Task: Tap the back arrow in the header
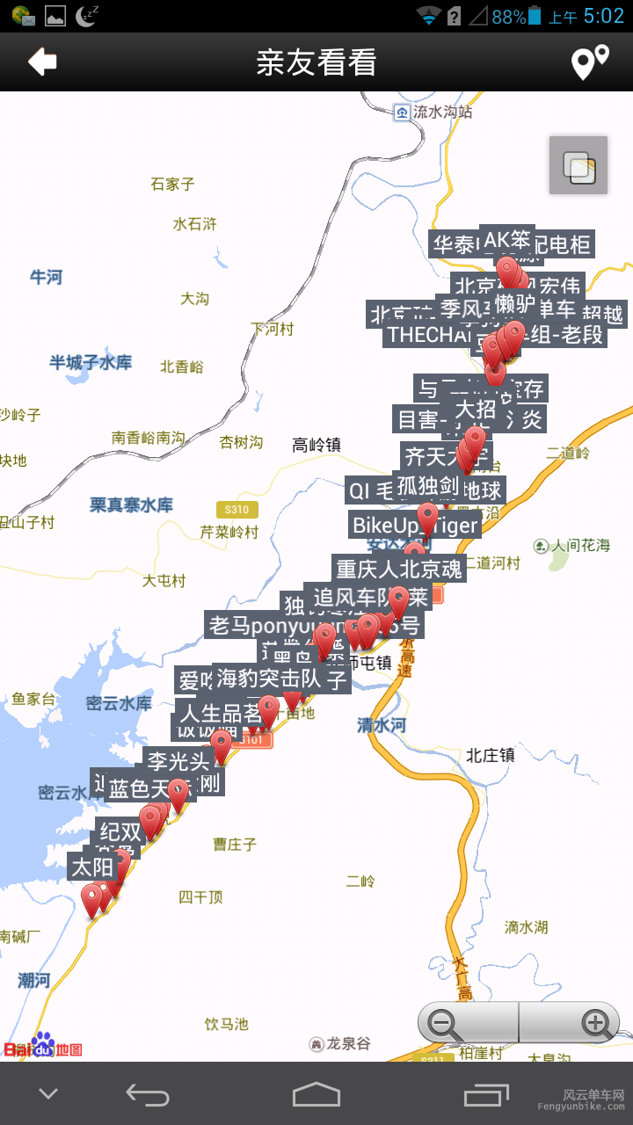(x=42, y=62)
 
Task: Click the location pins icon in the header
(x=590, y=62)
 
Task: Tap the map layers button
(x=578, y=165)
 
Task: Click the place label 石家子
(x=172, y=184)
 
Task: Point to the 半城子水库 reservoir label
(x=91, y=362)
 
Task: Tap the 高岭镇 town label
(x=316, y=445)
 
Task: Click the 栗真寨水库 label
(x=131, y=505)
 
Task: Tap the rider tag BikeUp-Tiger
(x=415, y=526)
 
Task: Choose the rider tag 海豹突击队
(x=268, y=679)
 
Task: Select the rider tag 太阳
(x=92, y=867)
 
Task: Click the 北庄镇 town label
(x=491, y=754)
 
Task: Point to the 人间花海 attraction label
(x=580, y=546)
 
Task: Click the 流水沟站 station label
(x=442, y=112)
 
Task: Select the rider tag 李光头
(x=178, y=760)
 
